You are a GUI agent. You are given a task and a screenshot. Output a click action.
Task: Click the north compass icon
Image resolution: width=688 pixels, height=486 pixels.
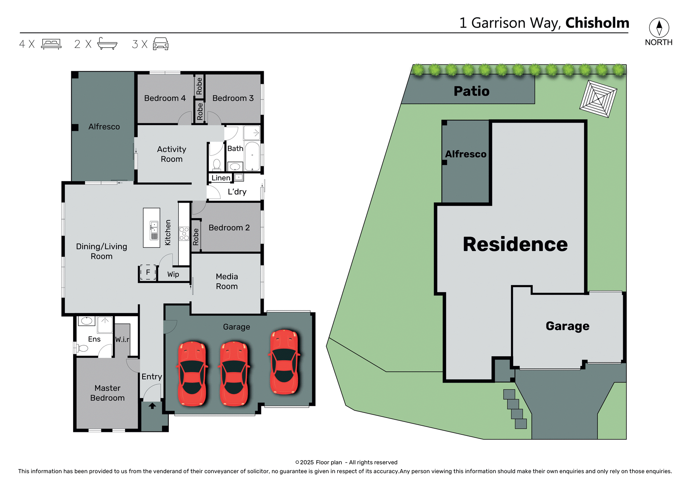pos(659,28)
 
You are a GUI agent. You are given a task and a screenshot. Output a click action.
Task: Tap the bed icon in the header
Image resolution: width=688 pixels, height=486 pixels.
pos(51,44)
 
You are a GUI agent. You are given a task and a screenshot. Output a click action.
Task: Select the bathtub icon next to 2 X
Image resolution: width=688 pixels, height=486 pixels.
pos(107,44)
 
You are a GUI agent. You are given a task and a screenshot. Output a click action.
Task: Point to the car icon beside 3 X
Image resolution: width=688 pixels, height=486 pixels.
pos(161,44)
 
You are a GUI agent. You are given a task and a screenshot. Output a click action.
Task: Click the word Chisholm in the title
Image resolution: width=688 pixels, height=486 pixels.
pos(597,23)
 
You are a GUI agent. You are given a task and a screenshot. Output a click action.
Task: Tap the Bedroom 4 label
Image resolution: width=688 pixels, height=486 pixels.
pos(165,98)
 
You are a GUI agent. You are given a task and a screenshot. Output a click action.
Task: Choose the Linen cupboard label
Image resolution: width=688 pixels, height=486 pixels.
pos(221,178)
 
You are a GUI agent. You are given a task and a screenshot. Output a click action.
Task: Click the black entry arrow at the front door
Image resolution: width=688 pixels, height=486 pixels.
pos(152,406)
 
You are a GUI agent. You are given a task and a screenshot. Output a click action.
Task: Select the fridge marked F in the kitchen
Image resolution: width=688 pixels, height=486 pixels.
pos(148,273)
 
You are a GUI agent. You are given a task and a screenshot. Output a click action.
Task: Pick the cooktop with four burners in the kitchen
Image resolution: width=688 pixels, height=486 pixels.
pos(184,234)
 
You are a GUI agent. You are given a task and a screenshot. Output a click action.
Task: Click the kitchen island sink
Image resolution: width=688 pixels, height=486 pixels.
pos(154,226)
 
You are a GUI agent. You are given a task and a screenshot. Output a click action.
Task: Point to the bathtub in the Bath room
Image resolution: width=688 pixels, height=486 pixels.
pos(252,156)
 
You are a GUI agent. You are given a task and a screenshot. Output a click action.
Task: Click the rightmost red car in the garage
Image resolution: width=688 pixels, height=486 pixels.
pos(285,362)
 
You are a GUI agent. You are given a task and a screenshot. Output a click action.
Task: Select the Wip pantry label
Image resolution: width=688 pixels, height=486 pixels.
pos(173,274)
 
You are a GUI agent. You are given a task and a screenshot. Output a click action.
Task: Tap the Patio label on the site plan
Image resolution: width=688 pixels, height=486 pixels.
pos(471,91)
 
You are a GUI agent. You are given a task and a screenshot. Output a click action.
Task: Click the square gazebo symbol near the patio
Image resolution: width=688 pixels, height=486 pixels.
pos(598,98)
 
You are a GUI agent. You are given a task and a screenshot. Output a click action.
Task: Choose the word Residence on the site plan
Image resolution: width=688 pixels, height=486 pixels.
pos(515,244)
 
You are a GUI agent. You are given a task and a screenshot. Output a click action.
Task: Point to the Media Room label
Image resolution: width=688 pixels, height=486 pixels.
pos(227,282)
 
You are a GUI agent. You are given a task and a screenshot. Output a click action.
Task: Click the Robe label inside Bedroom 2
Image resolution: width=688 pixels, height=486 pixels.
pos(196,237)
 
